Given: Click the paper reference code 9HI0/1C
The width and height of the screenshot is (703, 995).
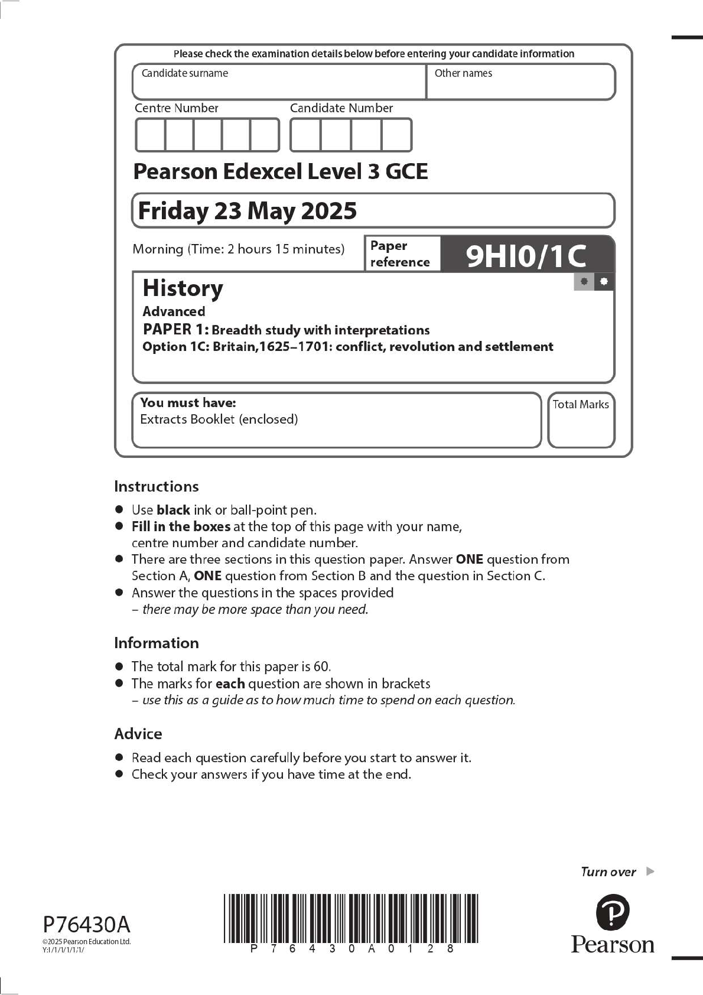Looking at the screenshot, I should [x=526, y=255].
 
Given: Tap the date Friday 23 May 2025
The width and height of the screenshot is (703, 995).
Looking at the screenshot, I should [x=247, y=211].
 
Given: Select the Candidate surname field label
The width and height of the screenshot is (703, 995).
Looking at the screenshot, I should [x=184, y=73].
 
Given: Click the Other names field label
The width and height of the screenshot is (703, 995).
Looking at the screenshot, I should [x=463, y=73].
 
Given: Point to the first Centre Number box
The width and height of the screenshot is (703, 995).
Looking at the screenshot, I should [x=151, y=135].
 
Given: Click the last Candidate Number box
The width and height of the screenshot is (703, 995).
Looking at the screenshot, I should [x=396, y=135].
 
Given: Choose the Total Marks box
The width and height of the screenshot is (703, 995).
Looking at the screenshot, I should [x=581, y=421].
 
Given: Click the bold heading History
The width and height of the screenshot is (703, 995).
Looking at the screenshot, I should [x=183, y=288].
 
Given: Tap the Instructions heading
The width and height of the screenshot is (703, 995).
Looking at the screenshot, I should [x=156, y=486].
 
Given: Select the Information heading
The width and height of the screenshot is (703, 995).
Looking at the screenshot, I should [x=156, y=643].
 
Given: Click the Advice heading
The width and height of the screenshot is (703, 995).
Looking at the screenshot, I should [x=138, y=734].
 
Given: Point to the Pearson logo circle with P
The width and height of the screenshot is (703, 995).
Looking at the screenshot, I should [x=613, y=912].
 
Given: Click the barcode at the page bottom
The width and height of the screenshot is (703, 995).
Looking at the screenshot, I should [x=351, y=918].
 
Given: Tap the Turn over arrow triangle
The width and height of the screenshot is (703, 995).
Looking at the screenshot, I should [x=650, y=871].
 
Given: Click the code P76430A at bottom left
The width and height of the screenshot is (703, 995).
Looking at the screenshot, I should [x=86, y=924].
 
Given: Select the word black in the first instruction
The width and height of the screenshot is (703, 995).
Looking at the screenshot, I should [x=173, y=510].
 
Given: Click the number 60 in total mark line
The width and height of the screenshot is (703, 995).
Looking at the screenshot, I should [x=321, y=666].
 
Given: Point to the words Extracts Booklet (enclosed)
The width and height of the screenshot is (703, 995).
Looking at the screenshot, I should [x=219, y=420].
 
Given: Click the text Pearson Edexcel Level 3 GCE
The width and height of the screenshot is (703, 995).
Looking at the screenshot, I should [x=280, y=171].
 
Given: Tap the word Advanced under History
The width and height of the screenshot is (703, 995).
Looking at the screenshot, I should [x=174, y=311].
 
